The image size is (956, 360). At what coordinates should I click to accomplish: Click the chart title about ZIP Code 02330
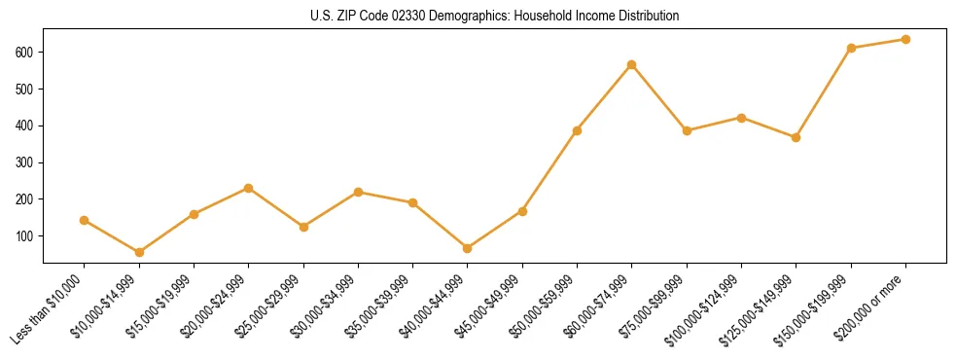pos(495,17)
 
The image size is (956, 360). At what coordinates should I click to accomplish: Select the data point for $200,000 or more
pos(905,40)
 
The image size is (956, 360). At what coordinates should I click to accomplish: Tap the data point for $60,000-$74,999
pos(632,65)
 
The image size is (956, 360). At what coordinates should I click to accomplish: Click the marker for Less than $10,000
pos(85,220)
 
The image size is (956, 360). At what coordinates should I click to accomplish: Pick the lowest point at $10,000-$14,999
pos(139,252)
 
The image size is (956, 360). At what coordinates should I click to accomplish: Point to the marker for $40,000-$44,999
pos(468,248)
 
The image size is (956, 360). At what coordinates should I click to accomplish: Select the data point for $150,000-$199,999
pos(851,48)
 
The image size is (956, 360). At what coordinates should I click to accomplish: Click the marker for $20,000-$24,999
pos(249,188)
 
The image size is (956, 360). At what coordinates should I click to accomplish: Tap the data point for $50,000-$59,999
pos(578,130)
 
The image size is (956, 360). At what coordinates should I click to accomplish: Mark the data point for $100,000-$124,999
pos(741,118)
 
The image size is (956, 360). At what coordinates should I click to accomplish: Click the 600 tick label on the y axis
pos(24,52)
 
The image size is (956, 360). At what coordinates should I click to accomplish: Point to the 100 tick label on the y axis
pos(24,235)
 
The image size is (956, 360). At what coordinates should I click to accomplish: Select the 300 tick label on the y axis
pos(24,162)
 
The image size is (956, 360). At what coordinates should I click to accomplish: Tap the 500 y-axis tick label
pos(24,89)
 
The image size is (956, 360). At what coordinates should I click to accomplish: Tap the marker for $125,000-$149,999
pos(796,137)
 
